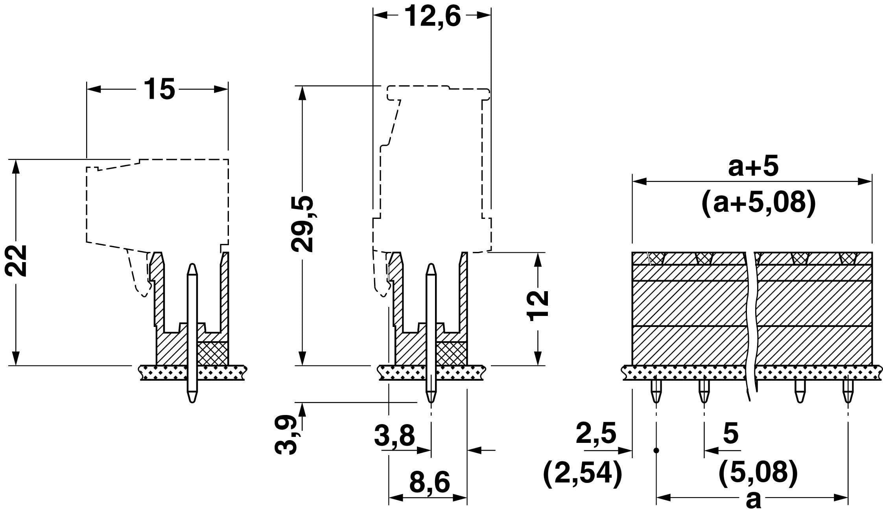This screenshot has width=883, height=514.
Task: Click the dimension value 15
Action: [159, 89]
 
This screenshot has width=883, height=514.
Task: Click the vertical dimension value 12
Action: [538, 306]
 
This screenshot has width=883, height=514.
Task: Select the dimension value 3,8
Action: [394, 435]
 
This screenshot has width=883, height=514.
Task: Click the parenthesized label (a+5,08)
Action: [759, 203]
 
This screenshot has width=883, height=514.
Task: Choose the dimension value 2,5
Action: [596, 433]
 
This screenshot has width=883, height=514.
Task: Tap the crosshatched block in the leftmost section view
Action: [212, 353]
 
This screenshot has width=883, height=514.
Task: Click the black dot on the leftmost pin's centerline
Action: [656, 450]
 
